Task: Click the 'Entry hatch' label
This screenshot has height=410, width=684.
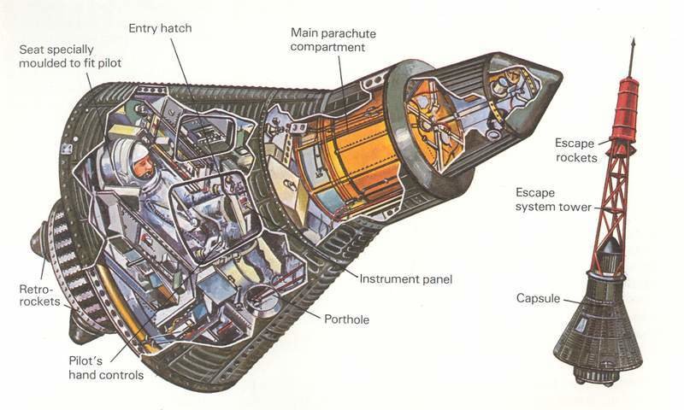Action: pos(160,28)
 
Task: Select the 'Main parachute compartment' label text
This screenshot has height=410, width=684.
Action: pos(333,39)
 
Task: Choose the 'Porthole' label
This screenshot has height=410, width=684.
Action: pos(346,319)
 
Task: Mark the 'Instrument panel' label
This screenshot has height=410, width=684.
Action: pos(404,278)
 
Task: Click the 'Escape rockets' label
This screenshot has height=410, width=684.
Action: pos(575,149)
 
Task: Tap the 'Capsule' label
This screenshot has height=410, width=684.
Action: pos(539,298)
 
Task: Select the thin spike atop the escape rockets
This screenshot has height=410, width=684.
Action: pos(633,56)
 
